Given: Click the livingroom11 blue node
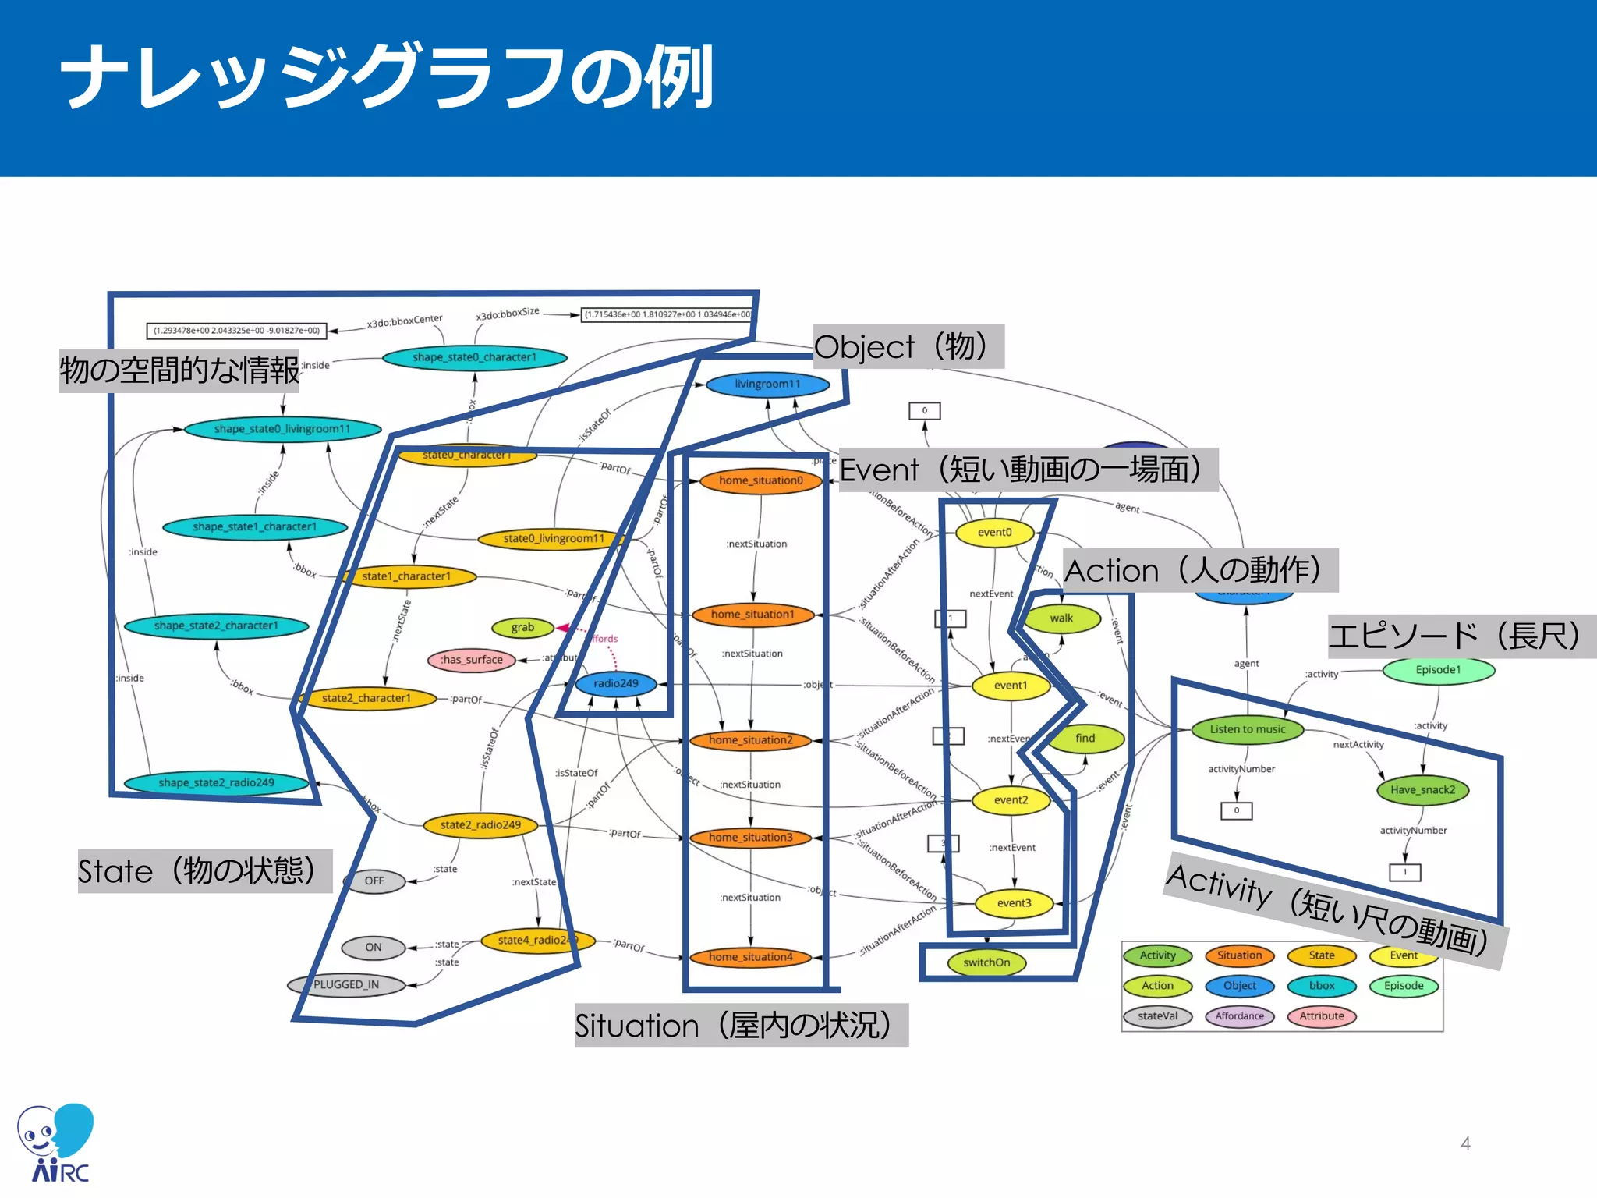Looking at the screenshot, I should [x=767, y=384].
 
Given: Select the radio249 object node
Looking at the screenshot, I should [x=615, y=683].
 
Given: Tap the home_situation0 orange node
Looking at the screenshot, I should [x=760, y=480].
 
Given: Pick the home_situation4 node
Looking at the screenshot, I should [x=750, y=957].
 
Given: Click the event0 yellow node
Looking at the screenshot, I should [x=994, y=533].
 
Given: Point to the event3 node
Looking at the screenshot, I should [x=1014, y=903].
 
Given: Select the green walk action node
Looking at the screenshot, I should [x=1061, y=618].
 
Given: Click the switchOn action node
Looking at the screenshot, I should [x=986, y=962].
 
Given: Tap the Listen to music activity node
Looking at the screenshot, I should [x=1248, y=729].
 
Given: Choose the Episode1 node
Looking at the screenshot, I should [x=1438, y=670].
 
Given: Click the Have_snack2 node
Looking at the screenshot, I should [x=1422, y=790].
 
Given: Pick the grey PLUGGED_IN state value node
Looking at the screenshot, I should [x=346, y=984].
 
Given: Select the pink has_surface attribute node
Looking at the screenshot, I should [x=472, y=660].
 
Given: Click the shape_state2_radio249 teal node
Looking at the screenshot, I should [x=216, y=782].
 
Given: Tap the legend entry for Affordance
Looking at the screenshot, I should [x=1239, y=1016].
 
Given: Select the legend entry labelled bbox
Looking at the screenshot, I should [x=1322, y=986].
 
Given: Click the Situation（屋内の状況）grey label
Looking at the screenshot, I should [x=741, y=1026].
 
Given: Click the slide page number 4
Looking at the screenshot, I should [x=1465, y=1143].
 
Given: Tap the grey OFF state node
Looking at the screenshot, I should [x=374, y=881].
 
